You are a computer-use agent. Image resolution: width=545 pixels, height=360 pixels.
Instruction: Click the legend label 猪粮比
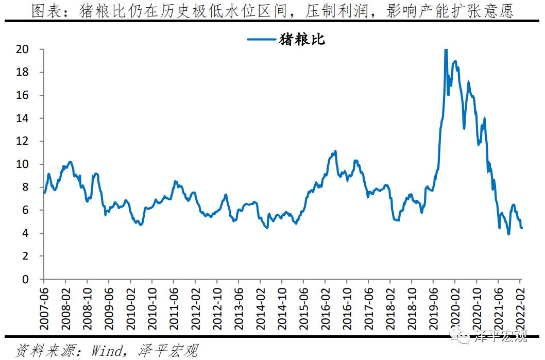coord(302,39)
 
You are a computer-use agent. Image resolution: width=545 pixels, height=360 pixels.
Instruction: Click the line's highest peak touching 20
coord(446,50)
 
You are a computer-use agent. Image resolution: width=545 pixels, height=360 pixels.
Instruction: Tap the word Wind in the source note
coord(107,351)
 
